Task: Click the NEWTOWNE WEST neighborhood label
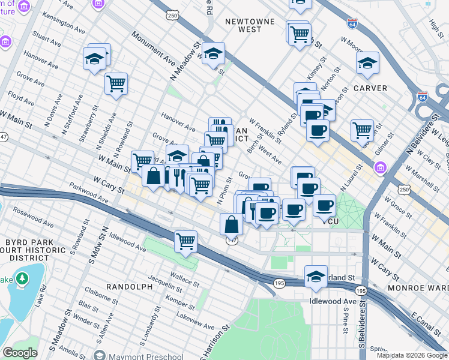tap(243, 25)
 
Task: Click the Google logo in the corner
tap(20, 353)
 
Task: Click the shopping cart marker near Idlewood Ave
tap(186, 242)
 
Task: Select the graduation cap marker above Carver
tap(367, 63)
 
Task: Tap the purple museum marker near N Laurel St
tap(380, 170)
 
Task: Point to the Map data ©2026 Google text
tap(411, 355)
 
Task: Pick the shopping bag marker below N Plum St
tap(231, 225)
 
